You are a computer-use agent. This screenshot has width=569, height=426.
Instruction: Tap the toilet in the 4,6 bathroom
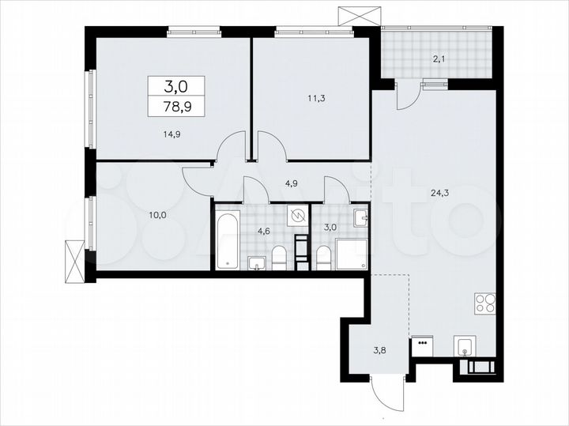pos(279,258)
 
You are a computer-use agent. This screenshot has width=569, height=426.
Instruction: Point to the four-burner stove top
pos(484,303)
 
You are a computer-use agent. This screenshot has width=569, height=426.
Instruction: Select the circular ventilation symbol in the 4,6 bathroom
pos(298,215)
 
